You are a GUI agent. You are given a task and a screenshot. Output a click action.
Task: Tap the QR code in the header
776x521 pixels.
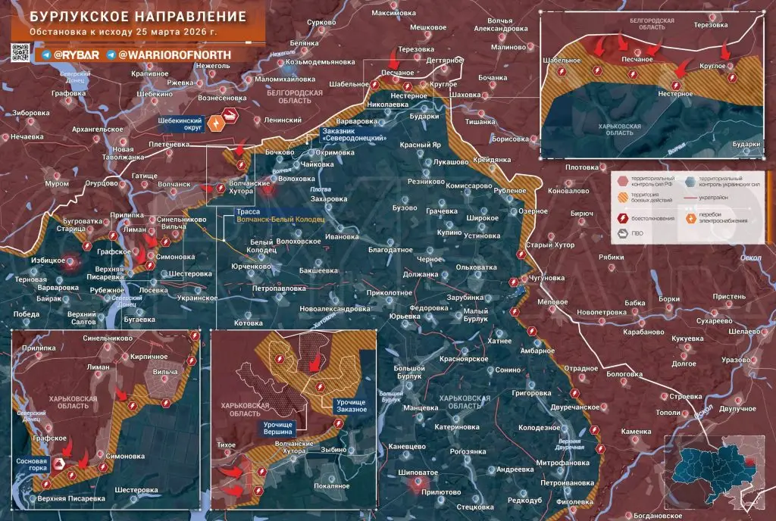click(x=20, y=53)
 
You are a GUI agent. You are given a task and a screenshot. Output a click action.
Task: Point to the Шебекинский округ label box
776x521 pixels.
click(x=179, y=124)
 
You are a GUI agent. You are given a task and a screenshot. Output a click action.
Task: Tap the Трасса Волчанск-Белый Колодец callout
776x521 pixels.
click(x=280, y=220)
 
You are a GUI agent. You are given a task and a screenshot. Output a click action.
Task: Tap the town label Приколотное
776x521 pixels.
click(x=388, y=292)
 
